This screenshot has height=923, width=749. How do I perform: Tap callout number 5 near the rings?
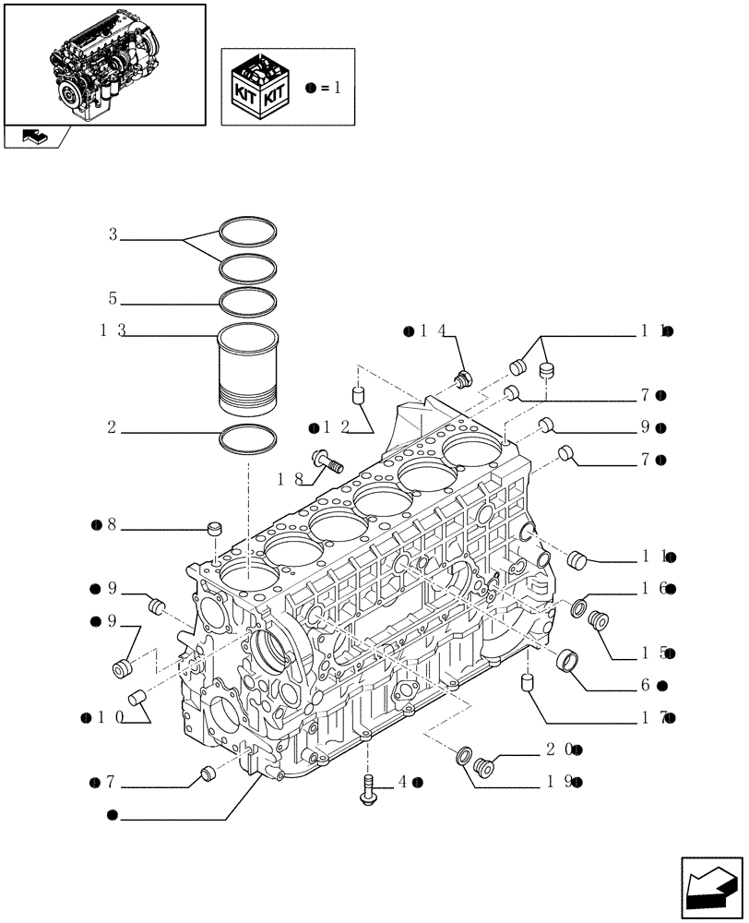point(113,298)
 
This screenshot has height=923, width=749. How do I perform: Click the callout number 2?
point(112,427)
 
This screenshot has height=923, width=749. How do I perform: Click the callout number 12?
point(335,426)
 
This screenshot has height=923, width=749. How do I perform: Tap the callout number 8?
point(111,525)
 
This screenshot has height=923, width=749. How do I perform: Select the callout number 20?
point(560,749)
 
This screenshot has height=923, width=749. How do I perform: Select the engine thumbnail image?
point(104,63)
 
